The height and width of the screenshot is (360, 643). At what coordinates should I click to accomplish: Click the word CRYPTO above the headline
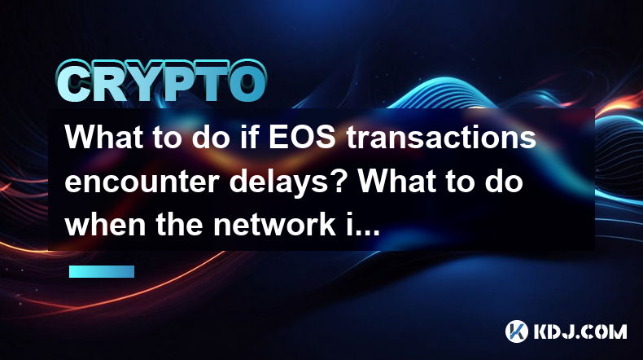click(162, 81)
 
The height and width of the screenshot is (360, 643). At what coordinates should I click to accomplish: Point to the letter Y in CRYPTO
click(146, 81)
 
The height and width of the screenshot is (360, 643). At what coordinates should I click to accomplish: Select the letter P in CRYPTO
click(182, 81)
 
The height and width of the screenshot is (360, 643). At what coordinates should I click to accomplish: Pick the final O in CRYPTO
click(247, 81)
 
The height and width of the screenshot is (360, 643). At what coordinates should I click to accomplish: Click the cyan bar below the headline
click(102, 271)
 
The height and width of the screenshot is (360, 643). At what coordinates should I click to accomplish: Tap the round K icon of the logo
click(516, 331)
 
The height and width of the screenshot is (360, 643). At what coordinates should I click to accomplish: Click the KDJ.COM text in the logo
click(580, 331)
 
